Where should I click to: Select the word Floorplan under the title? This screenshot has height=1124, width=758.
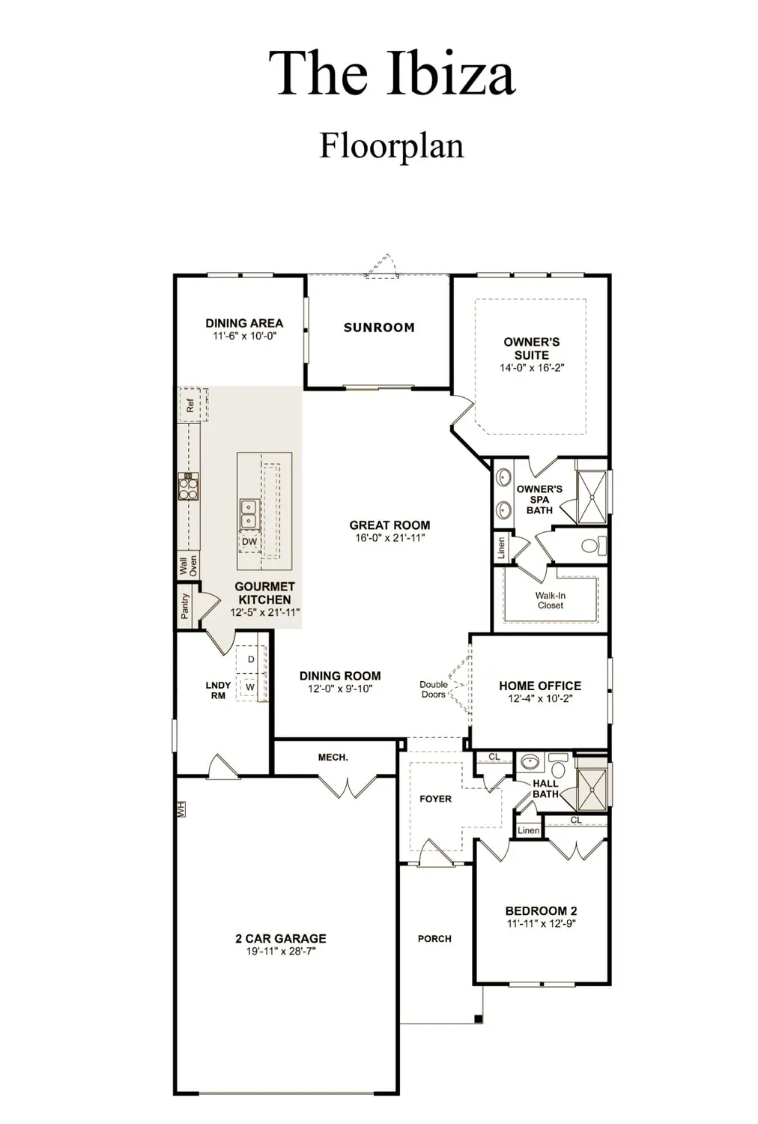tap(392, 145)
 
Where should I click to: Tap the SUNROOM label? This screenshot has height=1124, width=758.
tap(379, 327)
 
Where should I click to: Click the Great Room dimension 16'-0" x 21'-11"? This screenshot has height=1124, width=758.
tap(389, 537)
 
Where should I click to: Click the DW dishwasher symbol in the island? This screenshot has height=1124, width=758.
tap(249, 542)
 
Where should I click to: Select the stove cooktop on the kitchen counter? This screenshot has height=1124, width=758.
tap(189, 487)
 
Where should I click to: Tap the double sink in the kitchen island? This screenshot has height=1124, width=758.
tap(248, 514)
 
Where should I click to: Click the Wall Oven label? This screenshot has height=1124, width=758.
tap(188, 565)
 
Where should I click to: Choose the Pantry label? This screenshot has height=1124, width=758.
tap(185, 607)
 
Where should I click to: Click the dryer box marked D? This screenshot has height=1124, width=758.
tap(251, 659)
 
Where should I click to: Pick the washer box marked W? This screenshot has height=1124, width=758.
tap(250, 686)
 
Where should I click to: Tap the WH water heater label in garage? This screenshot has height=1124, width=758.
tap(181, 809)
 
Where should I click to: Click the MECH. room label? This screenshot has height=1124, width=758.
tap(333, 758)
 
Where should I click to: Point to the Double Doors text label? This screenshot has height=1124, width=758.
tap(433, 689)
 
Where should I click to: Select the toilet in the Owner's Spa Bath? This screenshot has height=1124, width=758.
tap(592, 546)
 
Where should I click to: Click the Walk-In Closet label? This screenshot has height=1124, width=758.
tap(551, 600)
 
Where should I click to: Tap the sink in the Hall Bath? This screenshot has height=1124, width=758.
tap(530, 763)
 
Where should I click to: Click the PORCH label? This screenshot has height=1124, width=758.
tap(434, 938)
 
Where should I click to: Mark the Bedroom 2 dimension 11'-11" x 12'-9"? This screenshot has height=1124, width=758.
tap(541, 924)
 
